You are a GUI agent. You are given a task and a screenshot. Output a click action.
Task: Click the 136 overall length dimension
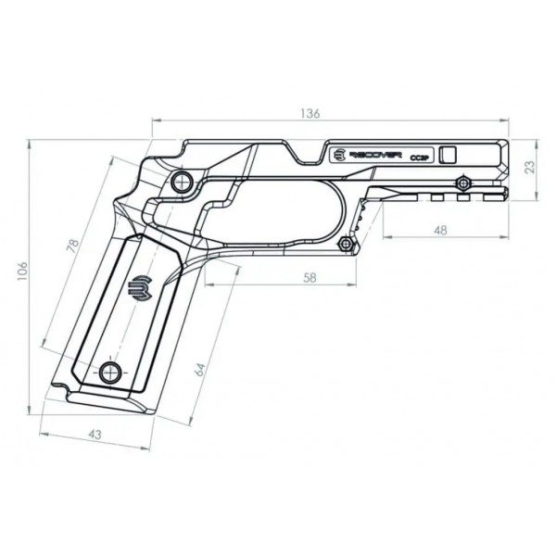[310, 113]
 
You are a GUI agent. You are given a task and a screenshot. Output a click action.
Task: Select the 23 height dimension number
[530, 168]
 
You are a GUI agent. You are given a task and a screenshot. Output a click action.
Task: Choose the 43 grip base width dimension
[95, 434]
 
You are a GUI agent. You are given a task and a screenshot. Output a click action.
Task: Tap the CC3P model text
[417, 158]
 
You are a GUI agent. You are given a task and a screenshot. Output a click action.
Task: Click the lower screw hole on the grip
[112, 373]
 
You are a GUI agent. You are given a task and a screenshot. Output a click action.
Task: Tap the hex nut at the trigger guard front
[346, 243]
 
